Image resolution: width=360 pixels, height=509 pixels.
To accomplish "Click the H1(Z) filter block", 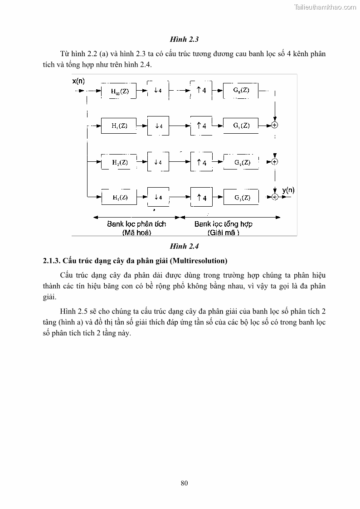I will pyautogui.click(x=120, y=126).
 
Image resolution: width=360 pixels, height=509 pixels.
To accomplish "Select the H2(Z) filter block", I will pyautogui.click(x=120, y=162).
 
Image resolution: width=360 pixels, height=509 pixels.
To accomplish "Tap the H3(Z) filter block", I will pyautogui.click(x=120, y=197).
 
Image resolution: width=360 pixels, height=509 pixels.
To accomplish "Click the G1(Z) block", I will pyautogui.click(x=241, y=126).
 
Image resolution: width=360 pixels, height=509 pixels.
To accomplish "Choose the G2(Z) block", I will pyautogui.click(x=241, y=162).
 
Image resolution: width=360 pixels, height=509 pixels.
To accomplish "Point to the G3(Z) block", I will pyautogui.click(x=241, y=197).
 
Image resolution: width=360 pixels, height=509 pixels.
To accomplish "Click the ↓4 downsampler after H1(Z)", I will pyautogui.click(x=158, y=126).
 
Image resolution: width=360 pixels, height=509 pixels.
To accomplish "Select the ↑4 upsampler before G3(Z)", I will pyautogui.click(x=202, y=197).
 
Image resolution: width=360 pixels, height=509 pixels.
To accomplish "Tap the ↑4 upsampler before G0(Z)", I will pyautogui.click(x=202, y=90).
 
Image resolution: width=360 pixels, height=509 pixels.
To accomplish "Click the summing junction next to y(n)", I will pyautogui.click(x=274, y=196).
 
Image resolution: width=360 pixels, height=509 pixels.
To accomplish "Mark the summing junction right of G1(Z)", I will pyautogui.click(x=274, y=125).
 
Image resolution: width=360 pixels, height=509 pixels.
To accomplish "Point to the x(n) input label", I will pyautogui.click(x=78, y=81).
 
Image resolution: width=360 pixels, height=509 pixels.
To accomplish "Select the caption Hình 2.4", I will pyautogui.click(x=185, y=247).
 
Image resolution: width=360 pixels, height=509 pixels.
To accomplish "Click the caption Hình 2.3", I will pyautogui.click(x=185, y=39).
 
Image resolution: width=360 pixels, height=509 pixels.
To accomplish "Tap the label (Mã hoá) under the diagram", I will pyautogui.click(x=136, y=233).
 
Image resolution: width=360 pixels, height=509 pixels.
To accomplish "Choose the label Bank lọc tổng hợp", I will pyautogui.click(x=224, y=224).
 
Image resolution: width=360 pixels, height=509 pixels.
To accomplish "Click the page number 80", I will pyautogui.click(x=184, y=483).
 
